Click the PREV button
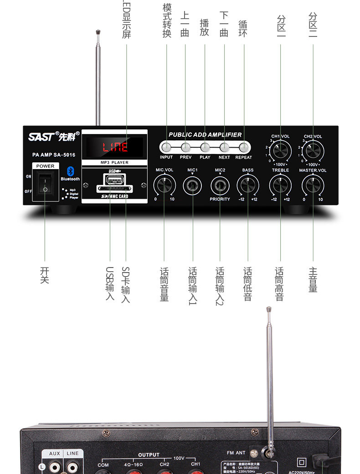pyautogui.click(x=185, y=147)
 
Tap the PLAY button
pyautogui.click(x=205, y=147)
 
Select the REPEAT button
pyautogui.click(x=244, y=147)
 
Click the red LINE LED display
pyautogui.click(x=115, y=147)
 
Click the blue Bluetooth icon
pyautogui.click(x=70, y=171)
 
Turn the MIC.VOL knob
pyautogui.click(x=165, y=185)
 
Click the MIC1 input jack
pyautogui.click(x=192, y=185)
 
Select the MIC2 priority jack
pyautogui.click(x=220, y=185)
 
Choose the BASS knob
pyautogui.click(x=248, y=185)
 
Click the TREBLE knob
pyautogui.click(x=280, y=185)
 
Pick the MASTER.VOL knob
pyautogui.click(x=313, y=185)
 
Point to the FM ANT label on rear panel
pyautogui.click(x=236, y=453)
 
